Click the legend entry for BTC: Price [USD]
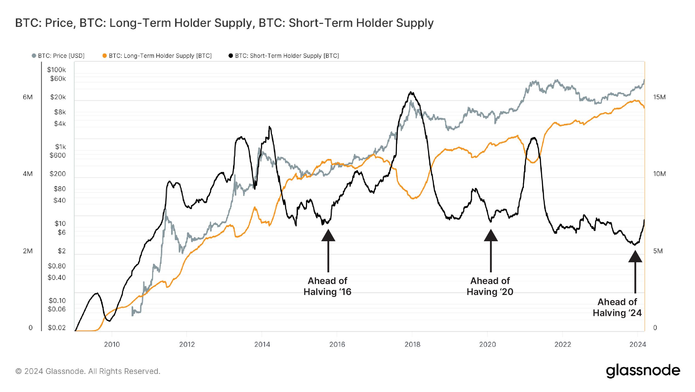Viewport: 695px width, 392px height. (x=58, y=56)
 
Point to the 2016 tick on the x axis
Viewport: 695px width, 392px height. (x=337, y=344)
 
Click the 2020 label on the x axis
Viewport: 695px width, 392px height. (x=487, y=344)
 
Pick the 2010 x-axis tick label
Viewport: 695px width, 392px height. (x=112, y=344)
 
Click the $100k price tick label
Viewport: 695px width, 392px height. (x=56, y=70)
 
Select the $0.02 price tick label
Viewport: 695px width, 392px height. (x=57, y=328)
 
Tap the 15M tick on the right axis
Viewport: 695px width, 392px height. (x=659, y=97)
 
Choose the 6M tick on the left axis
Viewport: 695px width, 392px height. (x=28, y=97)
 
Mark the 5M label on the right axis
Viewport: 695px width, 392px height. (x=658, y=251)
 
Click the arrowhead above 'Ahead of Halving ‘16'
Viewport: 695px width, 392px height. (x=328, y=236)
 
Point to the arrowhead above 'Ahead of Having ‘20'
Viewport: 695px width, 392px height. (x=491, y=236)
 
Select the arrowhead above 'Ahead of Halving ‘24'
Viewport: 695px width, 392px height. (x=635, y=257)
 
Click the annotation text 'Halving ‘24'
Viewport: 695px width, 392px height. (x=617, y=313)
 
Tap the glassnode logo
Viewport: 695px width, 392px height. (x=643, y=371)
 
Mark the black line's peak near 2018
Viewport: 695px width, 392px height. (x=411, y=92)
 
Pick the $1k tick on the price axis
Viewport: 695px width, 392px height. (x=60, y=147)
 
